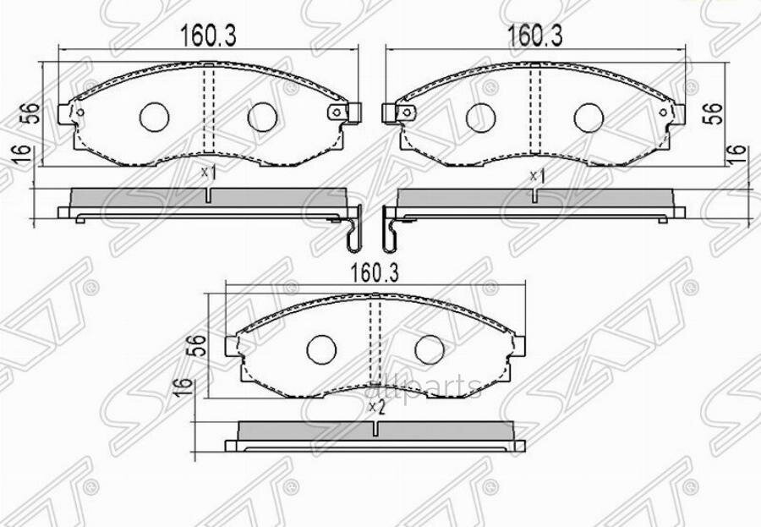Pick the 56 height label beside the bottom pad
(196, 344)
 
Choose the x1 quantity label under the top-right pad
(535, 175)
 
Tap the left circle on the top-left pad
(154, 118)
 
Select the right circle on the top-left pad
(261, 118)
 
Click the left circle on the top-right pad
(480, 118)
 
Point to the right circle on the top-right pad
(589, 118)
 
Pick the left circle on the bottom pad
(320, 348)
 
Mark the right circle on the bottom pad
(429, 348)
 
